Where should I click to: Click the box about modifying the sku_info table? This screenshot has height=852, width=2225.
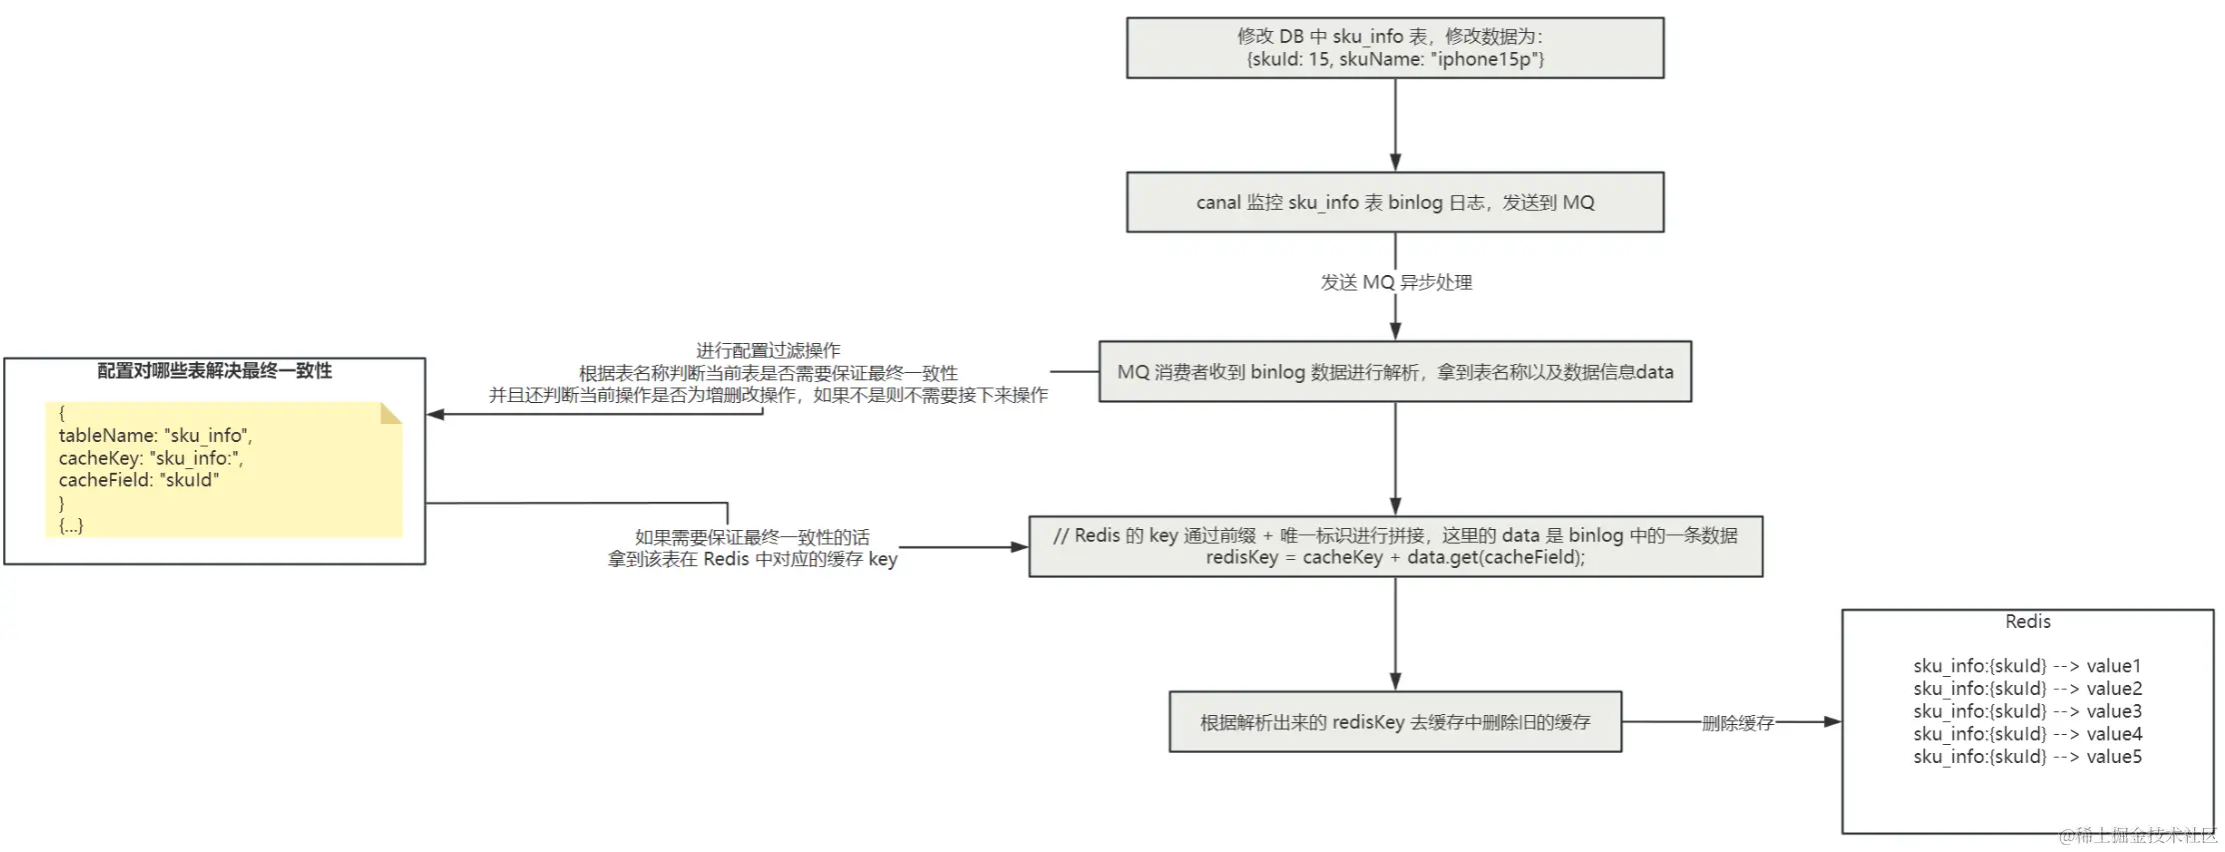pos(1394,48)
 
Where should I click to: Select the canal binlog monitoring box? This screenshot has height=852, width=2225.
pos(1394,202)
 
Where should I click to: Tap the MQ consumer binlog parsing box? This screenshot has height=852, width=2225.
pos(1394,372)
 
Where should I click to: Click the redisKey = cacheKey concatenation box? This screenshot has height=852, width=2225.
pos(1394,546)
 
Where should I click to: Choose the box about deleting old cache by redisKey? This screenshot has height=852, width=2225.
pos(1394,722)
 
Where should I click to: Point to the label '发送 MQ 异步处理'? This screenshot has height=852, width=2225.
pos(1395,283)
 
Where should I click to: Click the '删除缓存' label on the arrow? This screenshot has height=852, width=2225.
pos(1737,723)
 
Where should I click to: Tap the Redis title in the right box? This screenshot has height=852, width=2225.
pos(2027,622)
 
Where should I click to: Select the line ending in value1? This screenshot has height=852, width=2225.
pos(2027,666)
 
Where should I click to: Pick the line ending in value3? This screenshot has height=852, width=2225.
pos(2027,711)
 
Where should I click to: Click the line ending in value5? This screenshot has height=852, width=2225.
pos(2027,757)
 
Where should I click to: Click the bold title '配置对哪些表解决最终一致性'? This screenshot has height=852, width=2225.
pos(214,371)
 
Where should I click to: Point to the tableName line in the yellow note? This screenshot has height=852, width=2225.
pos(155,436)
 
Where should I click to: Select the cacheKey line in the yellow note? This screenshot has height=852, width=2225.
pos(150,458)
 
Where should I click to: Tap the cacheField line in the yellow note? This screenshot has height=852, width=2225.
pos(138,480)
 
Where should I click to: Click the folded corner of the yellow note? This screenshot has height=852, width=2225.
pos(391,413)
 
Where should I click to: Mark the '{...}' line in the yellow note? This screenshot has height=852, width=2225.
pos(71,525)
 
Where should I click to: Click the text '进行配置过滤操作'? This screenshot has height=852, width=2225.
pos(768,351)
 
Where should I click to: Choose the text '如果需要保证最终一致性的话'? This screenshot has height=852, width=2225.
pos(752,537)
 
